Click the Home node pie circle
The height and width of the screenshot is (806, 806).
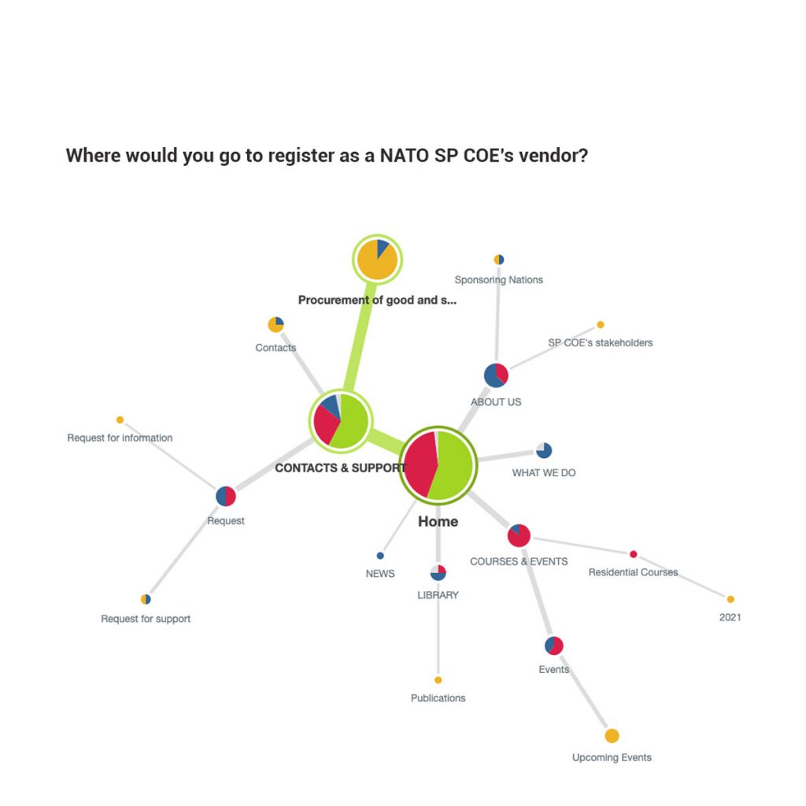pyautogui.click(x=438, y=466)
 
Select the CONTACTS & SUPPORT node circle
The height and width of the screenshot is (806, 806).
pyautogui.click(x=340, y=421)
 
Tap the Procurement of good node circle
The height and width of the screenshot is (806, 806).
pyautogui.click(x=377, y=260)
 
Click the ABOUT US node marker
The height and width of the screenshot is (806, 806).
pyautogui.click(x=496, y=375)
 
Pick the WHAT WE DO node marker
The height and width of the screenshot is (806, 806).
pyautogui.click(x=544, y=450)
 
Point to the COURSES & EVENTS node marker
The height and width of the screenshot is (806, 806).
pyautogui.click(x=519, y=535)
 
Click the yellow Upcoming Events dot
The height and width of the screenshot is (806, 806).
pyautogui.click(x=612, y=736)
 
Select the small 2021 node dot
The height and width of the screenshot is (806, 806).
pyautogui.click(x=730, y=599)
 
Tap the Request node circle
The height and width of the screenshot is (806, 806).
pyautogui.click(x=226, y=496)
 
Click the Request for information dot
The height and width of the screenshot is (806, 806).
pyautogui.click(x=120, y=420)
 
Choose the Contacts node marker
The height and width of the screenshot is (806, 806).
pyautogui.click(x=276, y=324)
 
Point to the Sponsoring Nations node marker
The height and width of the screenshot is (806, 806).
pyautogui.click(x=498, y=260)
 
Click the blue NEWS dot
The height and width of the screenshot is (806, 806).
pyautogui.click(x=380, y=555)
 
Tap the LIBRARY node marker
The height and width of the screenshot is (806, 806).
pyautogui.click(x=438, y=572)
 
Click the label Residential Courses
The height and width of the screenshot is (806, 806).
pyautogui.click(x=633, y=572)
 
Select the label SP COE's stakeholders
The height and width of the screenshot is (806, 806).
pyautogui.click(x=600, y=342)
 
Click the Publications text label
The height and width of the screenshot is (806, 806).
pyautogui.click(x=438, y=698)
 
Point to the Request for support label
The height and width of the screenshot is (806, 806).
pyautogui.click(x=146, y=619)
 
